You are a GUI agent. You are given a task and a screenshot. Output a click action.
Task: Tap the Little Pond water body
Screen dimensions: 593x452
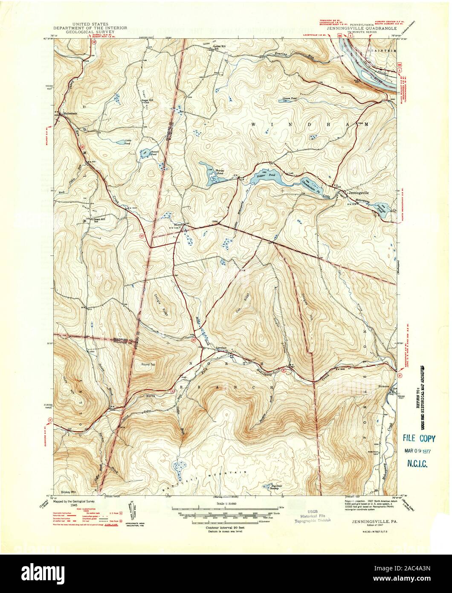[127, 142]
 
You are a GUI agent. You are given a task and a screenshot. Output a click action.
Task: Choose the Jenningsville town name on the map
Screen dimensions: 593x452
[361, 192]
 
